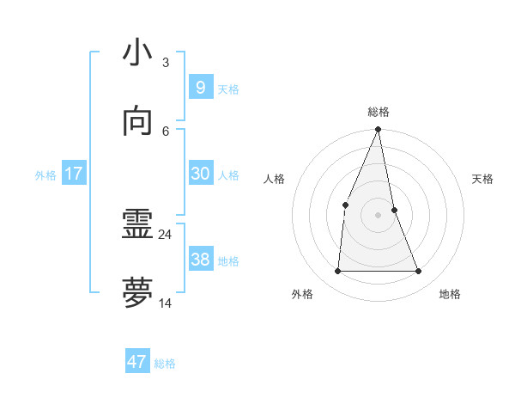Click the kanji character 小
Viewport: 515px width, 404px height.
[x=138, y=52]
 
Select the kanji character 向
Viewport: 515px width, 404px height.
[x=138, y=121]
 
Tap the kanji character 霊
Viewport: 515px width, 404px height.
[x=138, y=226]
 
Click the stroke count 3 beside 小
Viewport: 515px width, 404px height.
[x=166, y=63]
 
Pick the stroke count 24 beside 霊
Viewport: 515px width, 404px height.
[x=166, y=234]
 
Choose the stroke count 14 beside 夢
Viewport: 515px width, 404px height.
[x=166, y=303]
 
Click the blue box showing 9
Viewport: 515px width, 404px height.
[x=200, y=88]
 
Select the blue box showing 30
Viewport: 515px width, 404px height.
[x=200, y=174]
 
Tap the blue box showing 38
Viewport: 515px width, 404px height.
[x=200, y=260]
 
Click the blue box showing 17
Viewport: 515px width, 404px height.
[x=74, y=174]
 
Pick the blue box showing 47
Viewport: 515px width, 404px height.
[x=136, y=362]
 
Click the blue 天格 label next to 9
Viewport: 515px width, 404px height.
[x=228, y=89]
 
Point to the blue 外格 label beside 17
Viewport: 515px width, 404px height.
[x=45, y=175]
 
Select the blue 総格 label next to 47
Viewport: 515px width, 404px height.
[x=165, y=364]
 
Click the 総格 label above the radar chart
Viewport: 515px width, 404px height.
[x=379, y=112]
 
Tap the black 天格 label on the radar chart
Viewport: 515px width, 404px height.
[x=483, y=179]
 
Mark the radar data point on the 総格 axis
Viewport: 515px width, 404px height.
[x=379, y=130]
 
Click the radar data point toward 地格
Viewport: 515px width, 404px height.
[x=419, y=272]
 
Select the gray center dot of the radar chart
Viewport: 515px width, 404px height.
[x=379, y=215]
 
